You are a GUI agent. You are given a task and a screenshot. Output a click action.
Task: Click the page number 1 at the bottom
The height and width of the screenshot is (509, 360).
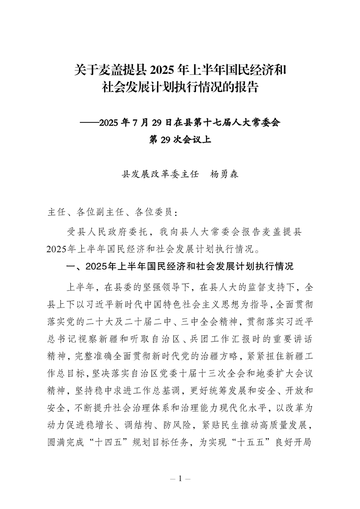180,479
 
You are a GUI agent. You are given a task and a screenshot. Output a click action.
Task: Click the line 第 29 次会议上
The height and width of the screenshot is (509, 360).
180,140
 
